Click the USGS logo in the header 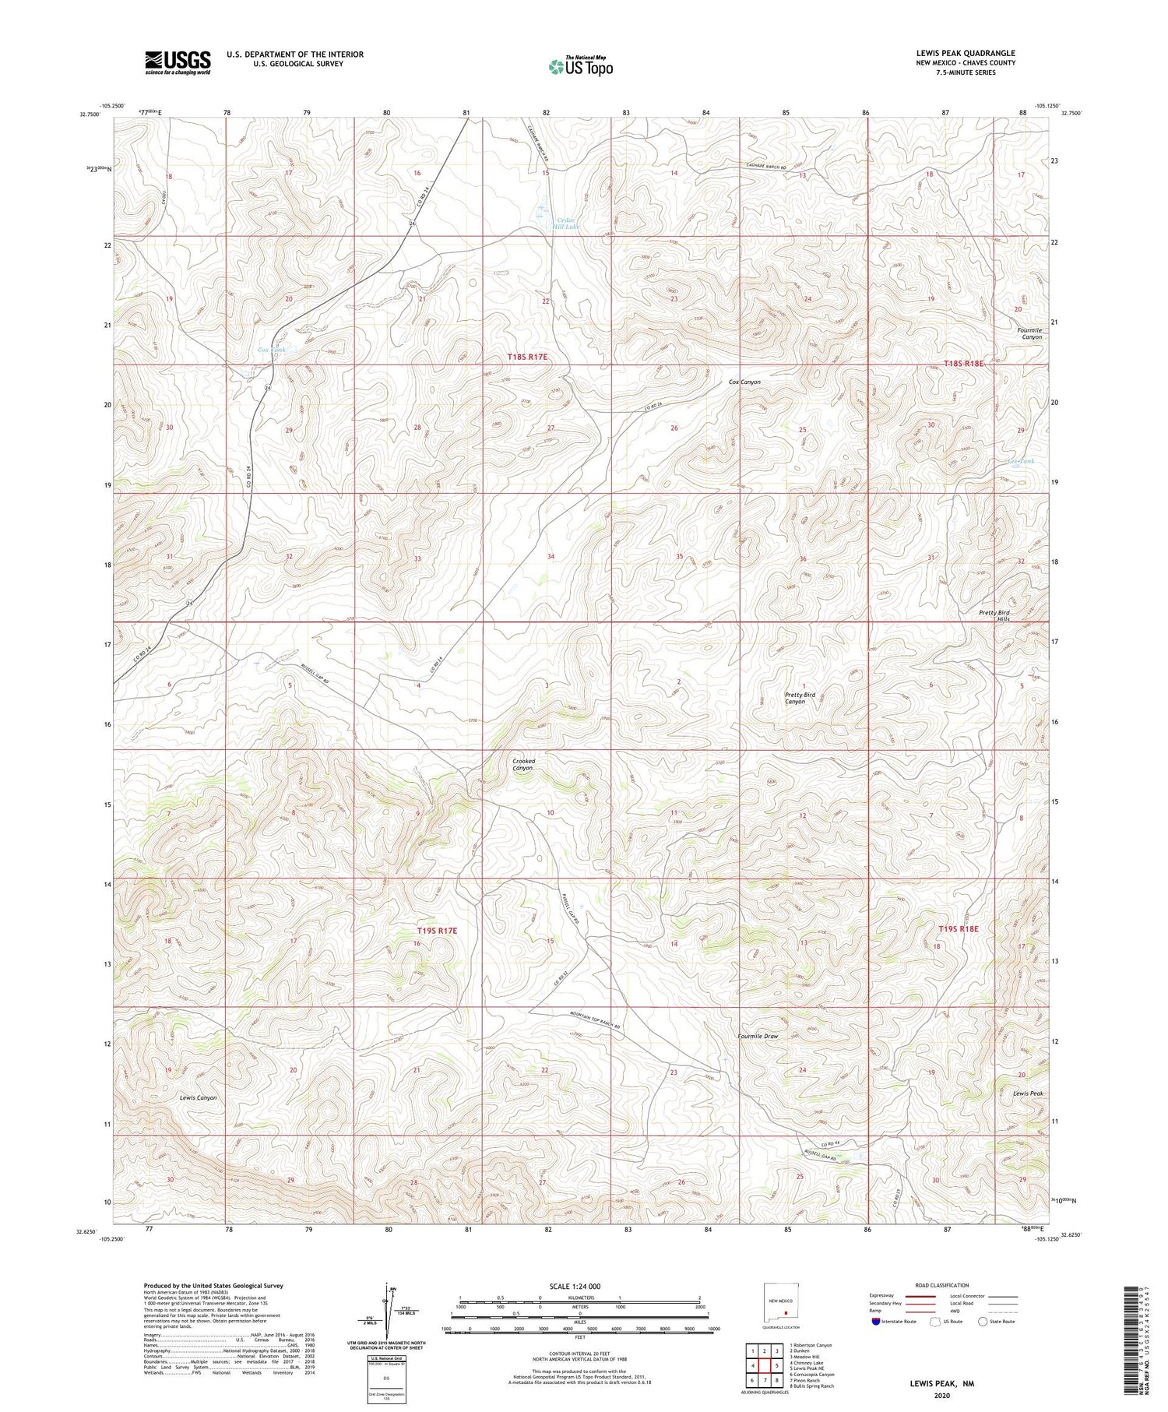[x=178, y=62]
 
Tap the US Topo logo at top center [x=580, y=67]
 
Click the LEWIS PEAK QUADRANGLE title [x=966, y=53]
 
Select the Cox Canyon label [x=744, y=382]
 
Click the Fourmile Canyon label [x=1029, y=333]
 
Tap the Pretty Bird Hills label [x=994, y=615]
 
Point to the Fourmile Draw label [x=758, y=1036]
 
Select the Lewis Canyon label [x=198, y=1097]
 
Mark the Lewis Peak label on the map [x=1027, y=1093]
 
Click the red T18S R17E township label [x=527, y=357]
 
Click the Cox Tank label [x=272, y=350]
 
